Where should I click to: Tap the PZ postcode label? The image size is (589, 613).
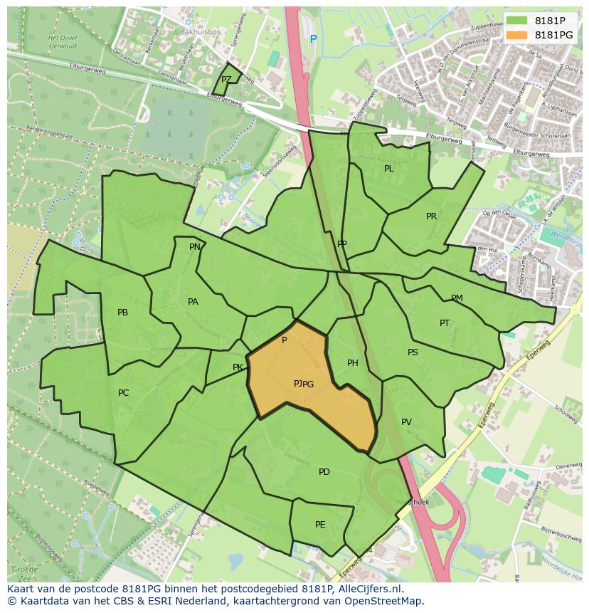pos(226,80)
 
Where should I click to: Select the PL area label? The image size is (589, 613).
pos(388,169)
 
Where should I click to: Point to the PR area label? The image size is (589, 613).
pos(431,216)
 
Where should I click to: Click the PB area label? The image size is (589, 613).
pos(122,313)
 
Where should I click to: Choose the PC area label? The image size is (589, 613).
pos(124,393)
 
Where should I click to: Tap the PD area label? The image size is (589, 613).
pos(324,472)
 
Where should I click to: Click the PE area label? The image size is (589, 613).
pos(320,525)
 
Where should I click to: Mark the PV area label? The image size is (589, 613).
pos(406,422)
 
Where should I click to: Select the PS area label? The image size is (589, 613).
pos(413,352)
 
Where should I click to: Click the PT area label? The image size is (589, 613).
pos(445,323)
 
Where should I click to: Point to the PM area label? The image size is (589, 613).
pos(457,298)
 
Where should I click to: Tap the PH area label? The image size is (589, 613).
pos(352,363)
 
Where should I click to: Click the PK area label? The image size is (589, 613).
pos(238,368)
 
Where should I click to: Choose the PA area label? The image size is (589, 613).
pos(193,302)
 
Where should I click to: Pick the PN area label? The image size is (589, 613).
pos(194,247)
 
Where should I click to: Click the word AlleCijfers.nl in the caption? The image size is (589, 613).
pos(368,590)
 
